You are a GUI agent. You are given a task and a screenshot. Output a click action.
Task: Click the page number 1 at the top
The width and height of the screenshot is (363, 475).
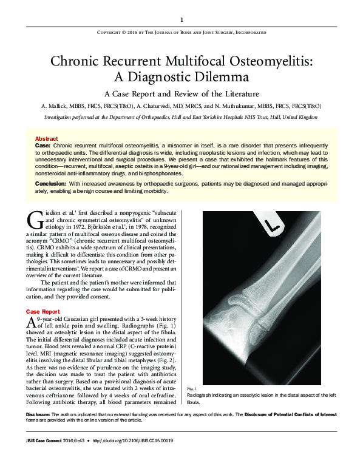tap(181, 19)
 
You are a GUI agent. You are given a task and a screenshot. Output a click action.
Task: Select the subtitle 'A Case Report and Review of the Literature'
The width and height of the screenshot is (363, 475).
tap(181, 94)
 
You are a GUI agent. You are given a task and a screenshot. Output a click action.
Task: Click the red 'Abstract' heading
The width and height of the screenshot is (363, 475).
tap(46, 138)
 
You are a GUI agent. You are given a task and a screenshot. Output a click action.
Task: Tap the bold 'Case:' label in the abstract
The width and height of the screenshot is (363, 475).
tap(43, 146)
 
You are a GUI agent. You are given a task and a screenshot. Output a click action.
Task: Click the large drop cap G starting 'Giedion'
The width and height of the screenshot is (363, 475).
tap(34, 219)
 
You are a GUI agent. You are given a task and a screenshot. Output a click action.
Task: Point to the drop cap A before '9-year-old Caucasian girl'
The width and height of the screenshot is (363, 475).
tap(32, 323)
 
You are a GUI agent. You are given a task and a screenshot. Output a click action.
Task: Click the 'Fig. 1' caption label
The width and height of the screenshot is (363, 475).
tap(192, 388)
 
